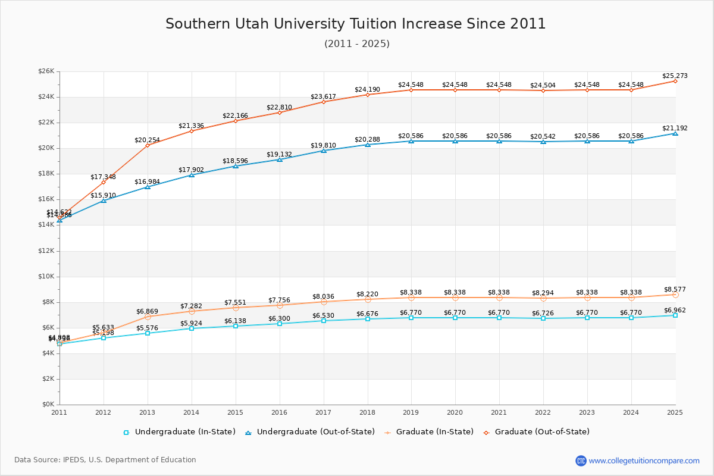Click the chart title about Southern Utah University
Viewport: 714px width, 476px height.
(356, 24)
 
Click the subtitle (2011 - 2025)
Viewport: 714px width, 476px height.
(357, 43)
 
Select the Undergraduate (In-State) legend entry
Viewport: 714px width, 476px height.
(179, 432)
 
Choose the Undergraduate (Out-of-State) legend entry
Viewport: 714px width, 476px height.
(309, 432)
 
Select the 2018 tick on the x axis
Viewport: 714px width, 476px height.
(367, 412)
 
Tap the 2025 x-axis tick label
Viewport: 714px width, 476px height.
(675, 412)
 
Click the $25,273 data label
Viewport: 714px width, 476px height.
(675, 76)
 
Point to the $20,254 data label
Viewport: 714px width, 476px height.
(147, 140)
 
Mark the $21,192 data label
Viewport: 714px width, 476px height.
(675, 128)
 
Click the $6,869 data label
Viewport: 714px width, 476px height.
(147, 311)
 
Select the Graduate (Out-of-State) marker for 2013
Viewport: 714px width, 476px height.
(148, 145)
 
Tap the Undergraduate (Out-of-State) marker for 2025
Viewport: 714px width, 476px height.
(675, 133)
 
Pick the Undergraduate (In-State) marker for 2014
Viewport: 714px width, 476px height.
(192, 328)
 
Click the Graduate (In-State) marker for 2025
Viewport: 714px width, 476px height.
(675, 295)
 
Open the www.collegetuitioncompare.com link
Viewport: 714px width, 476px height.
(644, 461)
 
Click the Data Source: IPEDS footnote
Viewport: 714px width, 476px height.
(105, 460)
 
